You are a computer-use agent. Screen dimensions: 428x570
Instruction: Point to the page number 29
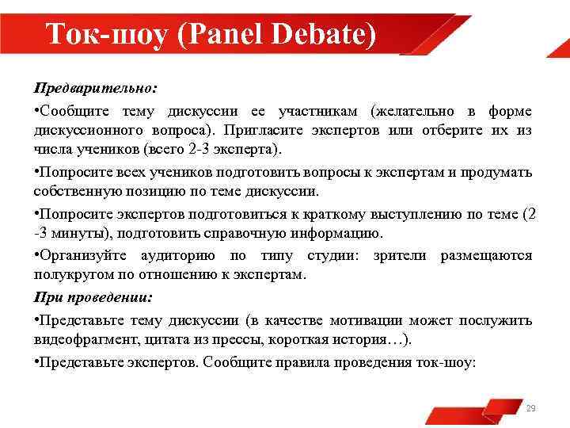click(x=530, y=408)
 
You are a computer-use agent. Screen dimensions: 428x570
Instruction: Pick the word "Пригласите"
click(x=260, y=130)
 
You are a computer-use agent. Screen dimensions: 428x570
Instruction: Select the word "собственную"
click(x=74, y=192)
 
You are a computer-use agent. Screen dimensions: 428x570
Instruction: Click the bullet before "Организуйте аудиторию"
click(x=36, y=254)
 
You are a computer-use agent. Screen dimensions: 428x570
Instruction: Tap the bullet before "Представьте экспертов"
click(x=36, y=361)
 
